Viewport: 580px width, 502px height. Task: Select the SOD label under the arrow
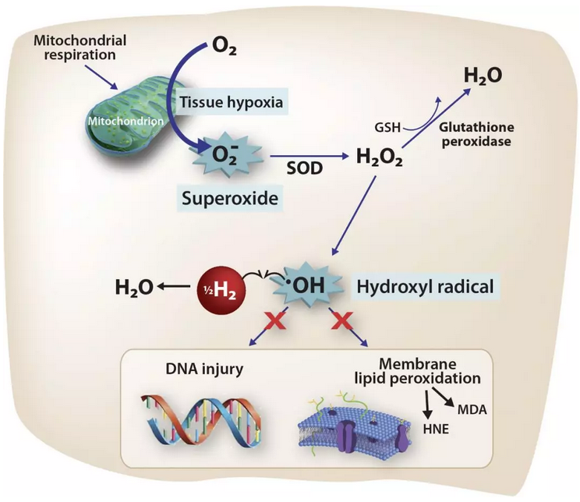(x=298, y=169)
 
